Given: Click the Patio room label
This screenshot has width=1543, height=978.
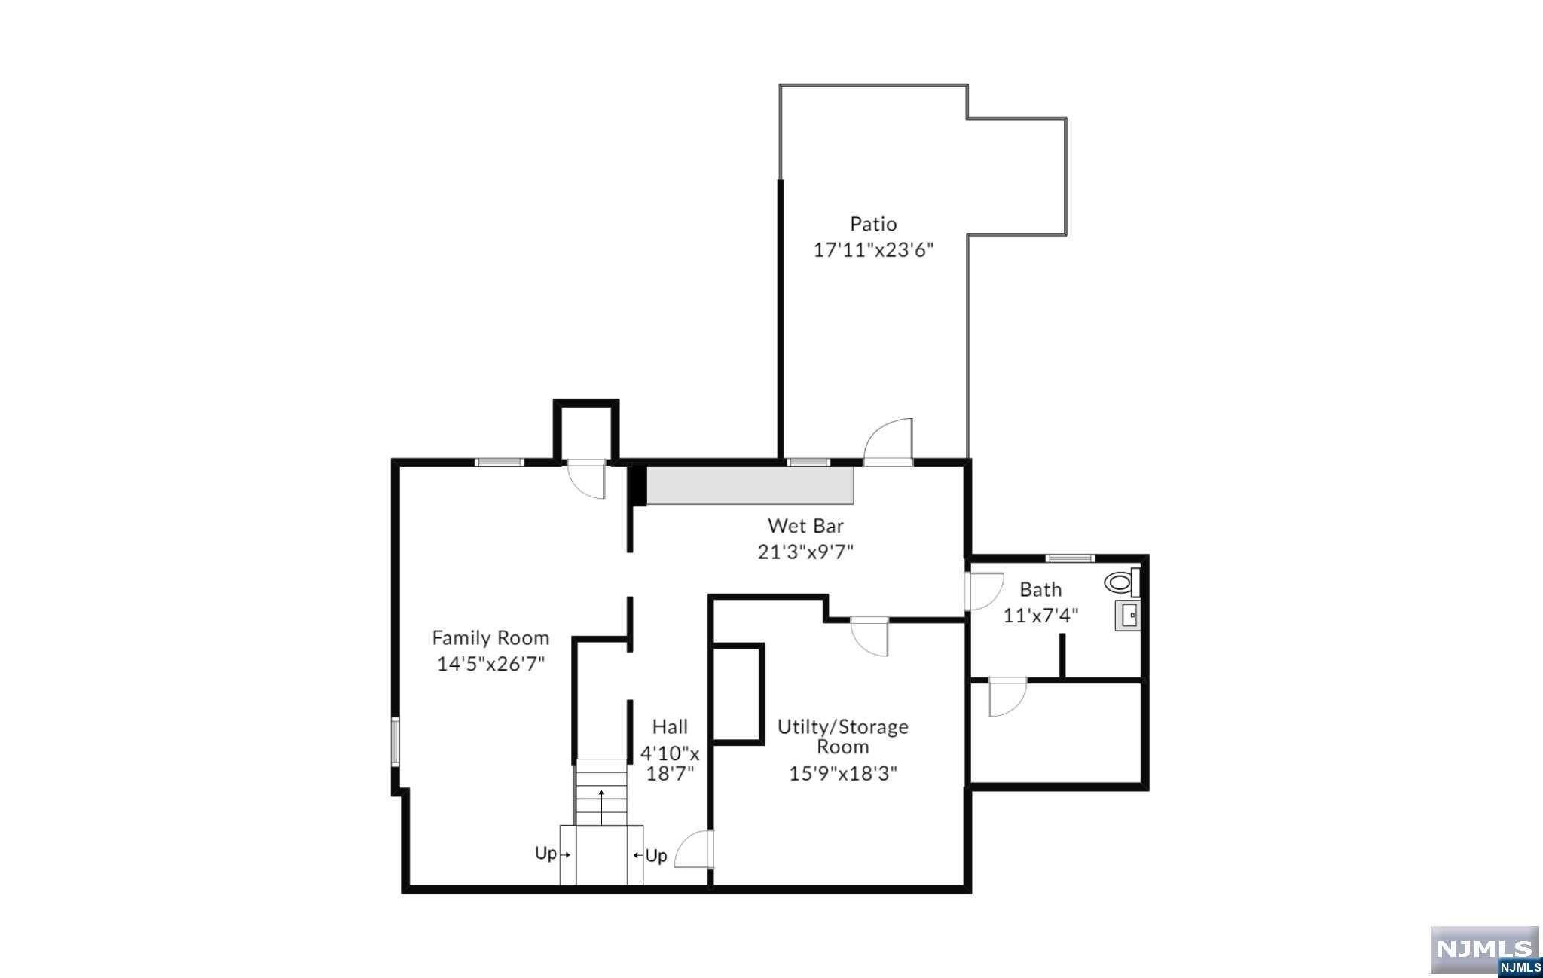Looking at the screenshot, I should click(x=873, y=224).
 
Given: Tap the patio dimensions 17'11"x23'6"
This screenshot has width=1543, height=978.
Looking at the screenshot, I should click(x=873, y=250).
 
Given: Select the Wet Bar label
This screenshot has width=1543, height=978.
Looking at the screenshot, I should click(x=805, y=526).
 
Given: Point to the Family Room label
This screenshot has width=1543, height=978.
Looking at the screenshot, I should click(x=490, y=638).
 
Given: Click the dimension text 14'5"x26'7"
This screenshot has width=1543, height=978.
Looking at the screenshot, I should click(x=490, y=665).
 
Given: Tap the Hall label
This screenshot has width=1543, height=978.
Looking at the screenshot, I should click(x=670, y=727).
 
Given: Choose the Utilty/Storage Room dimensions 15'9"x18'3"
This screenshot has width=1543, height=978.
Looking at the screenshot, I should click(x=843, y=774).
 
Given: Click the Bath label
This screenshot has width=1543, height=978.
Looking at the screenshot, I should click(x=1040, y=589).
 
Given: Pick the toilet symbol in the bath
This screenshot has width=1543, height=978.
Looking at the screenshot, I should click(x=1122, y=582).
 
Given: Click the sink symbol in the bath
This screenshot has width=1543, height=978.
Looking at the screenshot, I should click(x=1128, y=616).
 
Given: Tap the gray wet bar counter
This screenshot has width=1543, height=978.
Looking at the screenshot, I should click(x=750, y=485).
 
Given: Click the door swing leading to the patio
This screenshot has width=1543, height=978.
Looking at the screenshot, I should click(x=889, y=443).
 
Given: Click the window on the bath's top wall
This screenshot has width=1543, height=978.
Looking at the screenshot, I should click(x=1070, y=558).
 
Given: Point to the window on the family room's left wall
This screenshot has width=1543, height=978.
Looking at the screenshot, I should click(x=395, y=742).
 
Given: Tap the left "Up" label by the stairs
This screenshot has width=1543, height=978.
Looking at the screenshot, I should click(x=546, y=854).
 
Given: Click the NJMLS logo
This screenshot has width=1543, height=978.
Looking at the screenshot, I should click(x=1485, y=951).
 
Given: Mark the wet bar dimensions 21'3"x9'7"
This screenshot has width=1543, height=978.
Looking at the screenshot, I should click(x=805, y=552).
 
